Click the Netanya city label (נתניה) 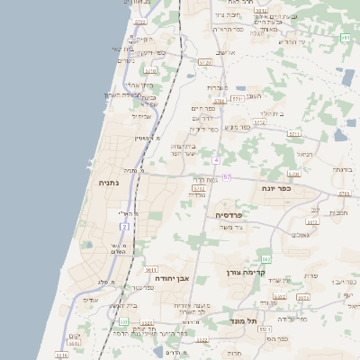click(110, 183)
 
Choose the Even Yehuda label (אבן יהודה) click(153, 278)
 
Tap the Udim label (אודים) click(89, 300)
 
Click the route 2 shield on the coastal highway click(124, 226)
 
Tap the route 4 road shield click(216, 159)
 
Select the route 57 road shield click(227, 177)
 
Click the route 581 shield click(346, 38)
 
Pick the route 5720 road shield click(205, 62)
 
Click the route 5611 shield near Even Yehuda click(150, 268)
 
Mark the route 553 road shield click(265, 329)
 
